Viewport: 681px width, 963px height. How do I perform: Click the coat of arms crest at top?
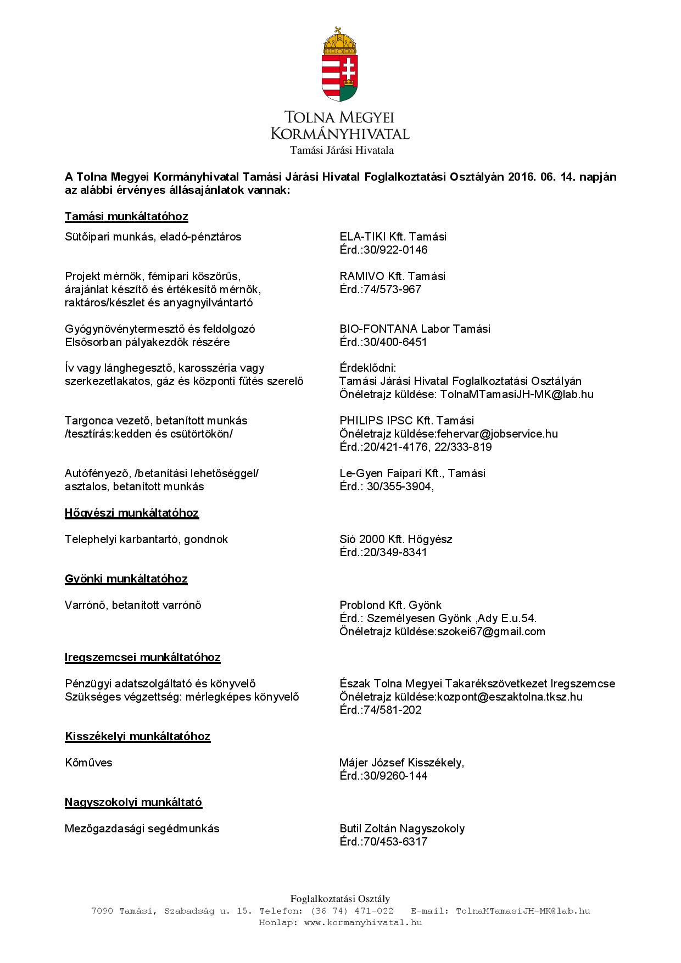pyautogui.click(x=340, y=65)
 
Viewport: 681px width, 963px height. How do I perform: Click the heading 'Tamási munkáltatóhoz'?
pyautogui.click(x=126, y=216)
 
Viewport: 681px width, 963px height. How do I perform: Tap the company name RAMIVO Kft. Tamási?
pyautogui.click(x=392, y=276)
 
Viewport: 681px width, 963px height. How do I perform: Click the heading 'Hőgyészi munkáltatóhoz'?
pyautogui.click(x=132, y=513)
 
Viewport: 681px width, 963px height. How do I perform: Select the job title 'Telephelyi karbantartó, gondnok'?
pyautogui.click(x=146, y=539)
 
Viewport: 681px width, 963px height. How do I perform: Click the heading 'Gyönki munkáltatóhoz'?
pyautogui.click(x=126, y=579)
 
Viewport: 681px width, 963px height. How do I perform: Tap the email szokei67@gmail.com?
pyautogui.click(x=491, y=631)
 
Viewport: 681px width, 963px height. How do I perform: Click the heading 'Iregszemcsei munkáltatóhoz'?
pyautogui.click(x=143, y=657)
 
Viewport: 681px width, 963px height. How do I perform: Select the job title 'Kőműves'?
pyautogui.click(x=88, y=763)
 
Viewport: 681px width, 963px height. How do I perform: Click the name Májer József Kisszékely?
pyautogui.click(x=401, y=763)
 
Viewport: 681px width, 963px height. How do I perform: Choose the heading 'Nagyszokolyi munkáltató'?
pyautogui.click(x=133, y=802)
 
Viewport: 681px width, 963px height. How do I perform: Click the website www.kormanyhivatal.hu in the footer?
pyautogui.click(x=362, y=922)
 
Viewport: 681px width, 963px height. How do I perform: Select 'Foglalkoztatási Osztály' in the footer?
pyautogui.click(x=340, y=899)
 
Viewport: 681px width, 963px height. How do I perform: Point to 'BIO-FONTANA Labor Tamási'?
pyautogui.click(x=415, y=329)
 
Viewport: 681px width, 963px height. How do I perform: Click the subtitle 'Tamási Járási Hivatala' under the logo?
pyautogui.click(x=342, y=150)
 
